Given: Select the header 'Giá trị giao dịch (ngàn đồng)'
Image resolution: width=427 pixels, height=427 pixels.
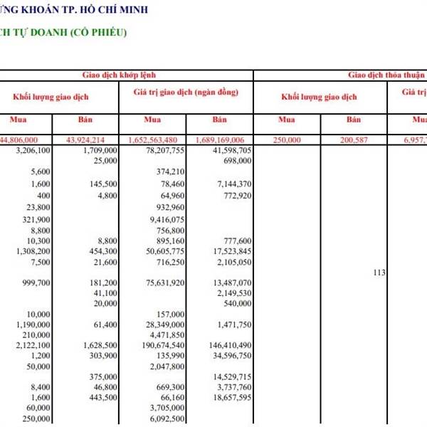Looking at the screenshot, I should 186,93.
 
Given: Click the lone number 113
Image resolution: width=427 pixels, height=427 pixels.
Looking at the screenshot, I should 379,271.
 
